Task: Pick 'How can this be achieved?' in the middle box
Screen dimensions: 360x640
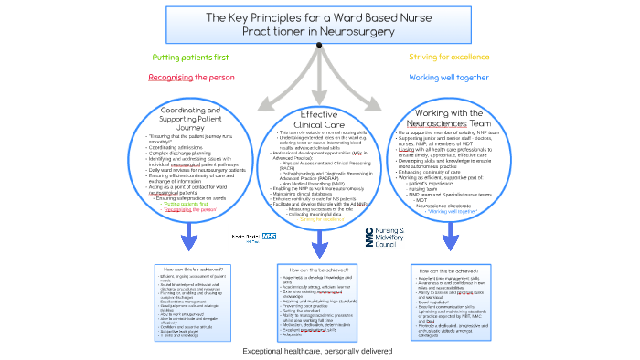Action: pos(318,270)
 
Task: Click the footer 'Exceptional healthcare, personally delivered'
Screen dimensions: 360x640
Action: pos(319,351)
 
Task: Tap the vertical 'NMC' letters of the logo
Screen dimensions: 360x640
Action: pos(369,237)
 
